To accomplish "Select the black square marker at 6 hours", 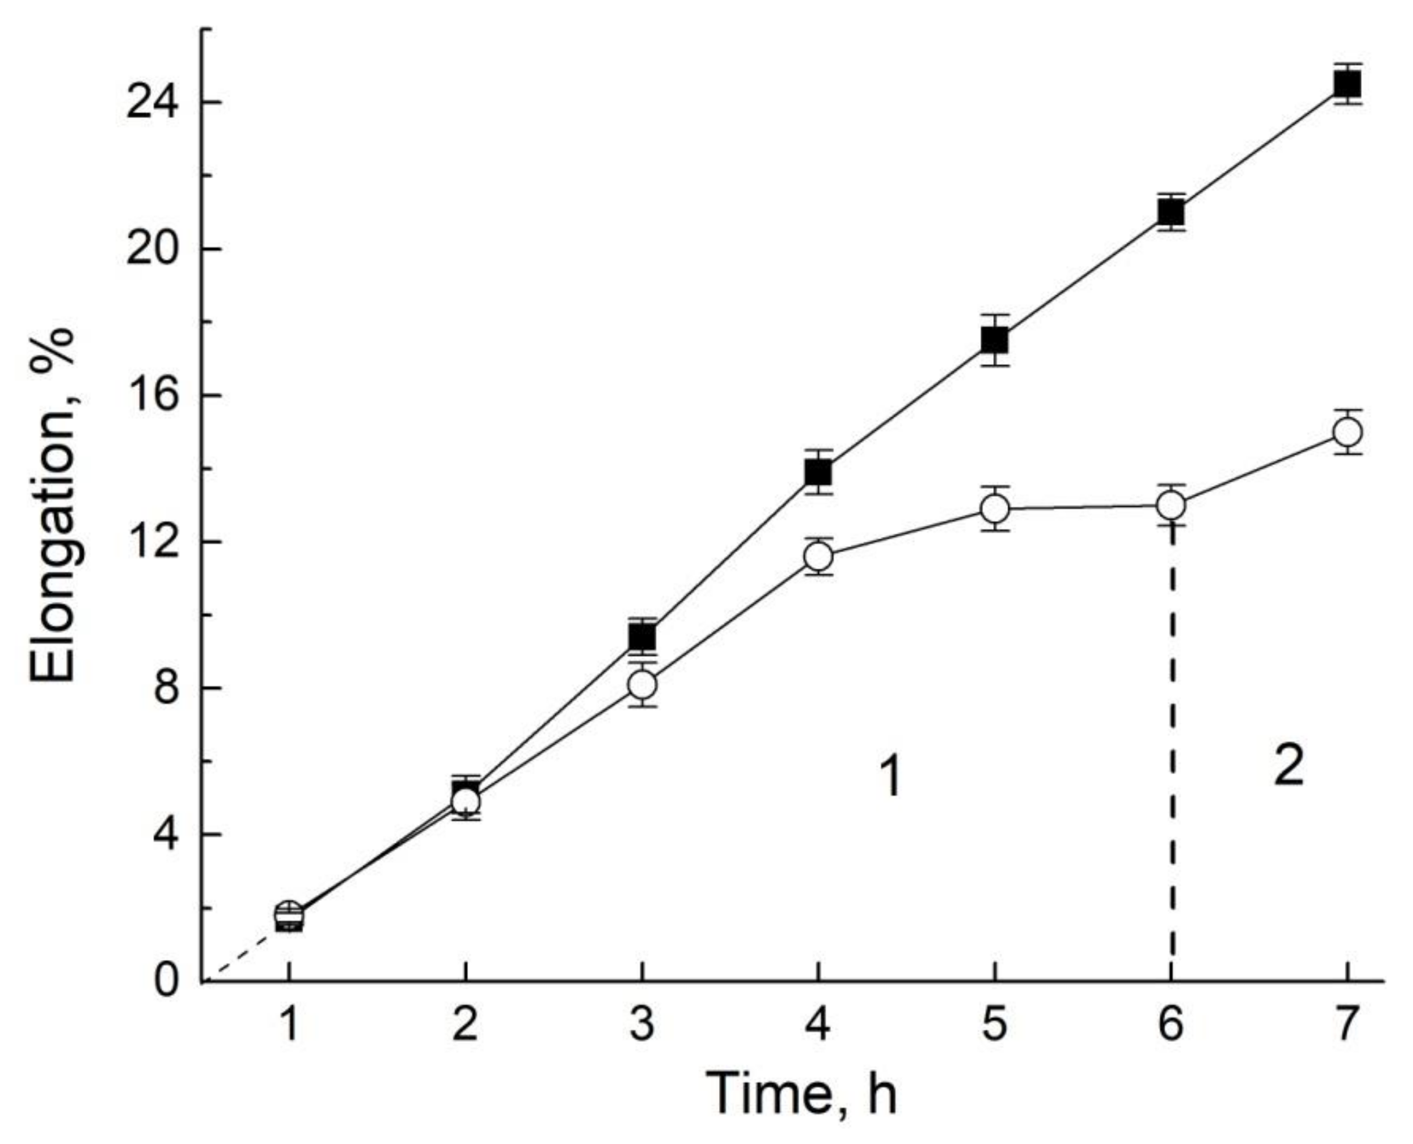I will point(1171,212).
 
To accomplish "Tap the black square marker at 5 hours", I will point(994,340).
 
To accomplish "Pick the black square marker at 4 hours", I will point(818,472).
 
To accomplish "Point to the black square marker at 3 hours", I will point(642,637).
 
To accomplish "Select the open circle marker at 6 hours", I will point(1171,506).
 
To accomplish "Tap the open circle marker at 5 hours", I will point(994,509).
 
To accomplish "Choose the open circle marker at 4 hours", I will point(818,557).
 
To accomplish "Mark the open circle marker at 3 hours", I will point(642,685).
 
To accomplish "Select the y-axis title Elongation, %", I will point(54,506).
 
